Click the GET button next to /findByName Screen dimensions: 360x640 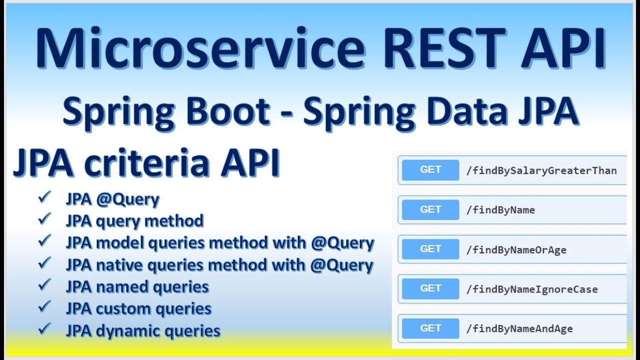pos(430,209)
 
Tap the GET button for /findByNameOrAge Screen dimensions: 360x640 pos(430,249)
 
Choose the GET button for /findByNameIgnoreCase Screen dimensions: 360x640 pos(430,288)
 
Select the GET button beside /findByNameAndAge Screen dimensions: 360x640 pos(430,328)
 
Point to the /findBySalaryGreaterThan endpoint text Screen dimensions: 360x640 pos(541,170)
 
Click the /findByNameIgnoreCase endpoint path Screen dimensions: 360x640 pos(531,289)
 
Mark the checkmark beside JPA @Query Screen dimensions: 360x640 pos(45,198)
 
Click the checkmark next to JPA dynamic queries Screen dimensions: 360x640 pos(45,328)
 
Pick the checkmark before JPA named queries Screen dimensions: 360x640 pos(45,285)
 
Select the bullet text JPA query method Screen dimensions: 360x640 pos(134,221)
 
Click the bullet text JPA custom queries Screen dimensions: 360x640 pos(138,309)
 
